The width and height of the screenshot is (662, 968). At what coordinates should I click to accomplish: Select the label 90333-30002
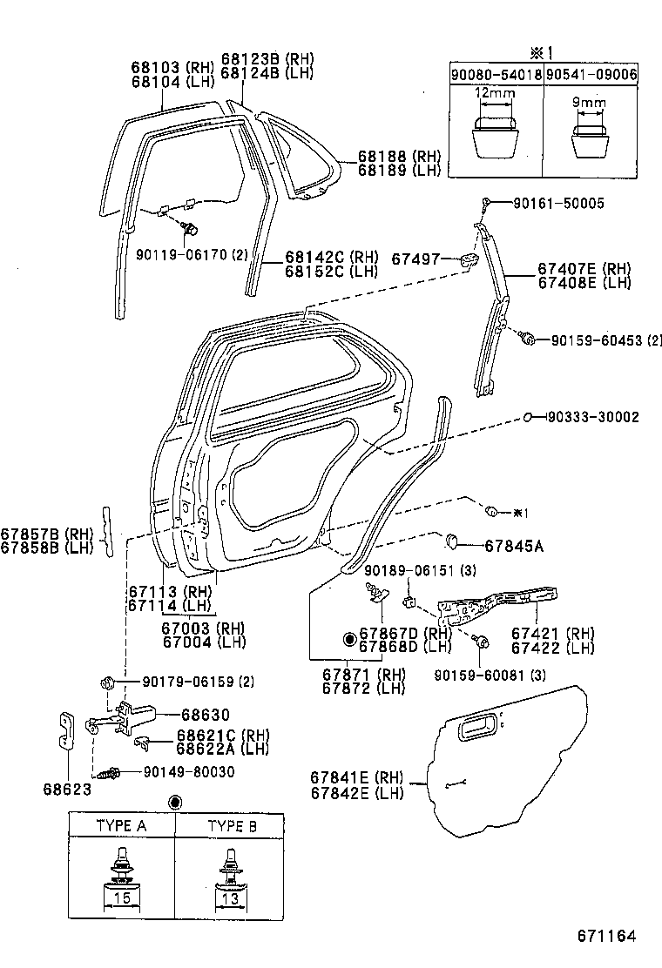coord(593,418)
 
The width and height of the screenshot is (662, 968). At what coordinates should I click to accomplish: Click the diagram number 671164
coord(607,937)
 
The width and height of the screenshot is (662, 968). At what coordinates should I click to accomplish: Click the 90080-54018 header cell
coord(496,76)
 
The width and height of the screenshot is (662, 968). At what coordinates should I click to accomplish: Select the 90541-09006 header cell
coord(591,76)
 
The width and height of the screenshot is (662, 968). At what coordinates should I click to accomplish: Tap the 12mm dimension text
coord(494,92)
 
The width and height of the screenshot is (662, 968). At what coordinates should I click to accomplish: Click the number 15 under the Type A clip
coord(121,897)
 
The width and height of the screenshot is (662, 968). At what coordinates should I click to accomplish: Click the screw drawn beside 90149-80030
coord(111,772)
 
